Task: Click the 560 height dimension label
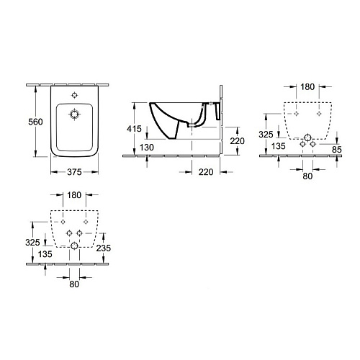click(35, 122)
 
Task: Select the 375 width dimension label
click(74, 172)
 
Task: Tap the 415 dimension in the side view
click(134, 129)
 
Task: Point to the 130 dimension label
click(147, 148)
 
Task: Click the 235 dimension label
click(104, 248)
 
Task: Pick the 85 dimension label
click(337, 150)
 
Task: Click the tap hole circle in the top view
click(75, 95)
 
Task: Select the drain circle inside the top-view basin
click(74, 114)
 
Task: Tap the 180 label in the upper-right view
click(307, 87)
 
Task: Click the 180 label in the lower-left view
click(74, 195)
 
